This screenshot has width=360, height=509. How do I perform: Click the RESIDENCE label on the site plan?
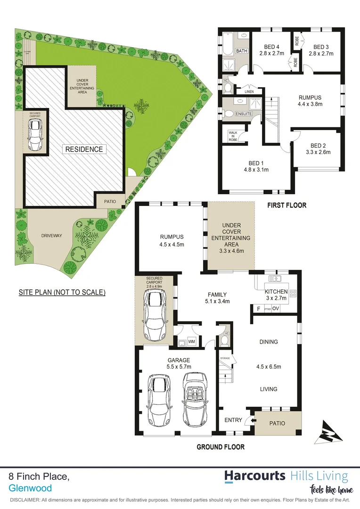(84, 149)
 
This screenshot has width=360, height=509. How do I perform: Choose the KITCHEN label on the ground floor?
(276, 292)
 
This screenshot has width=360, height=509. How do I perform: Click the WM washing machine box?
(191, 340)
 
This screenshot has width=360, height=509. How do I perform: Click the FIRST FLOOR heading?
(286, 205)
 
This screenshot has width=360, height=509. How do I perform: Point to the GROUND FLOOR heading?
(221, 447)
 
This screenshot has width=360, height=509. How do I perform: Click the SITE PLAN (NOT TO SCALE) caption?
(62, 292)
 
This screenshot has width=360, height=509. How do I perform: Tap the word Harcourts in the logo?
(254, 476)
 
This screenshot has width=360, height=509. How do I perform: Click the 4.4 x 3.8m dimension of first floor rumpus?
(311, 105)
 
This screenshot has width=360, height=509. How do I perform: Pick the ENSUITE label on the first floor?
(244, 114)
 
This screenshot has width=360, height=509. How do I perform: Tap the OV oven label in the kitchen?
(276, 309)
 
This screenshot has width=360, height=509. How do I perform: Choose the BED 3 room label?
(321, 47)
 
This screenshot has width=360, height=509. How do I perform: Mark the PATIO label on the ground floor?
(277, 423)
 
